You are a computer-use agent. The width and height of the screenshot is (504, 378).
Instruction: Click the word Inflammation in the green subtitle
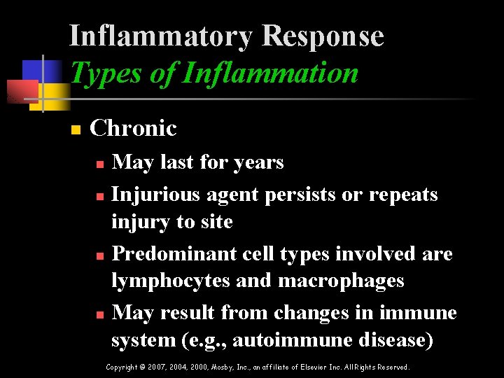(269, 72)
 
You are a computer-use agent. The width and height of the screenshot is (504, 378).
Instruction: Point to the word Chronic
(133, 128)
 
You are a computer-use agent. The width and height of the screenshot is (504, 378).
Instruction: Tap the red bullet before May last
(99, 164)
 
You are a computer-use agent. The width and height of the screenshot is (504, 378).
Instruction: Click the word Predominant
(165, 253)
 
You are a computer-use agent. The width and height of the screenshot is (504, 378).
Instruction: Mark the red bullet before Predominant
(99, 255)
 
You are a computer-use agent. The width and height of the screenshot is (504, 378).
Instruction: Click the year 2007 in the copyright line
(155, 367)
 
